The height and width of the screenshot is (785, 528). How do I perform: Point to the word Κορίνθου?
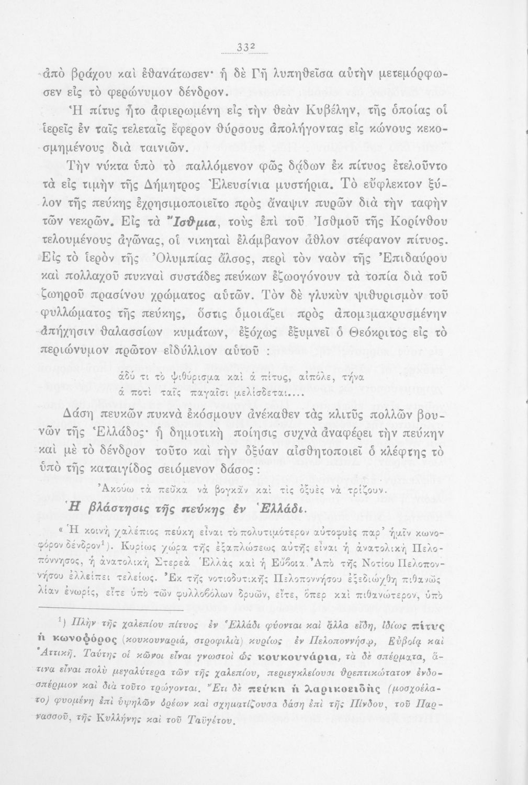click(x=418, y=222)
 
